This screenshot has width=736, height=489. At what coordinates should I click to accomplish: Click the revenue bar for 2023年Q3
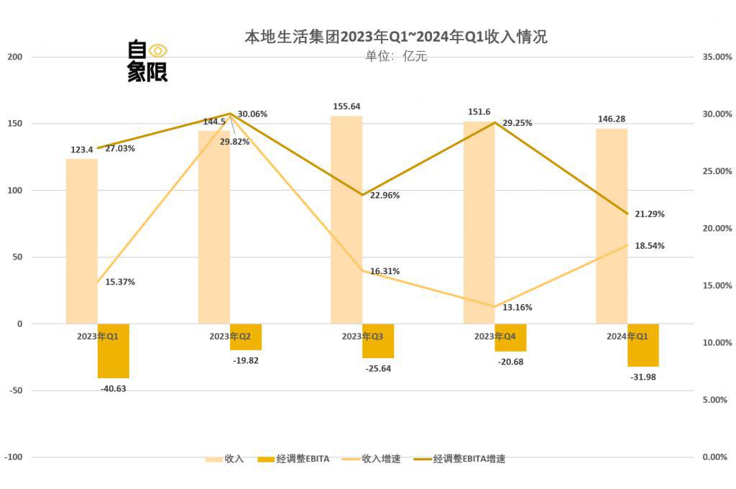click(346, 219)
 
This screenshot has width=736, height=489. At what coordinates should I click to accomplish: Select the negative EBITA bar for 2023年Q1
click(114, 350)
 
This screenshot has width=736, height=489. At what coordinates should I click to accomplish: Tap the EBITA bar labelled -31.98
click(643, 345)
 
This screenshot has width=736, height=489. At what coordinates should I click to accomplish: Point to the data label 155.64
click(347, 106)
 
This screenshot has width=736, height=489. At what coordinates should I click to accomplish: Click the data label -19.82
click(246, 360)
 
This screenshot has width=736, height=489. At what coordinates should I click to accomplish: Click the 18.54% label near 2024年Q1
click(650, 245)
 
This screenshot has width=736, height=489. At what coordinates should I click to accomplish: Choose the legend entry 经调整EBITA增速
click(469, 458)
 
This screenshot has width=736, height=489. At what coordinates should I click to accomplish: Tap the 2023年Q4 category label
click(495, 336)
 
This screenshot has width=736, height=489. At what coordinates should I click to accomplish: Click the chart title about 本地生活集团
click(396, 37)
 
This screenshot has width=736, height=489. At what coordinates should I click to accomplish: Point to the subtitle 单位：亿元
click(396, 56)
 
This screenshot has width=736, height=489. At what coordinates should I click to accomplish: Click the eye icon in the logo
click(157, 50)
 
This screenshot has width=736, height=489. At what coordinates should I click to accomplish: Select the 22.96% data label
click(385, 195)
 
